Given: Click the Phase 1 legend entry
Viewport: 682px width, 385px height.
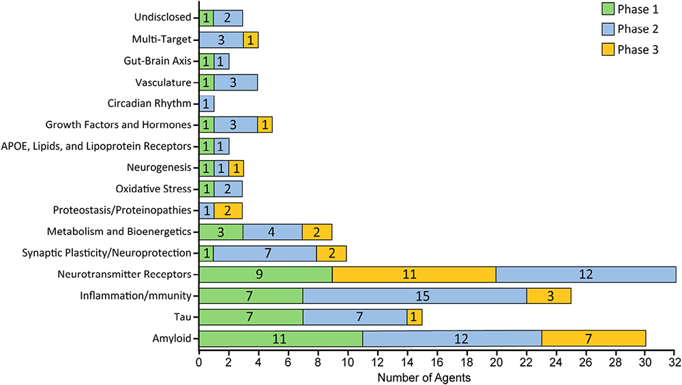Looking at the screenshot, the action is [x=629, y=9].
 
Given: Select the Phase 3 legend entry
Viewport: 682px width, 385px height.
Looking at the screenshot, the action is [x=629, y=50].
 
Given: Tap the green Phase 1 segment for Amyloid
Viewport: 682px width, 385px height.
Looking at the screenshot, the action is [x=281, y=339].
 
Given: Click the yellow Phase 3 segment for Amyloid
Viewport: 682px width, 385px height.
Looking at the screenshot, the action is [x=594, y=339].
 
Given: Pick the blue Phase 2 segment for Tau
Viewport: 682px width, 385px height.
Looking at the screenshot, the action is [x=355, y=317].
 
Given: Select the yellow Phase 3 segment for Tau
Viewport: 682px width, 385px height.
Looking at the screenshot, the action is [x=415, y=317].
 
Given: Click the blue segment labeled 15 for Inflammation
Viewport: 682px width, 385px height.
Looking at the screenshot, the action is [x=415, y=296].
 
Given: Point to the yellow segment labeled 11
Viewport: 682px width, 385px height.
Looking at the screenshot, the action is [x=414, y=274].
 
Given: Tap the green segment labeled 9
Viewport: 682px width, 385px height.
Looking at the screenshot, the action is [x=266, y=274].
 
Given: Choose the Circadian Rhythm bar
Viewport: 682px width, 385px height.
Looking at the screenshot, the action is [x=207, y=104].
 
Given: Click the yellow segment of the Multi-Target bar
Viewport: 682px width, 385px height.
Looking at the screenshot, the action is [x=250, y=40].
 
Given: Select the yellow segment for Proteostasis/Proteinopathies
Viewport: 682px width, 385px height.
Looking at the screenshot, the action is [x=228, y=211].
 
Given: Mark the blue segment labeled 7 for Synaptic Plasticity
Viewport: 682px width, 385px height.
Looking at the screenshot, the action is [x=265, y=253].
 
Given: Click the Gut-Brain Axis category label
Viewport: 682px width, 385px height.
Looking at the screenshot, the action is [x=158, y=61].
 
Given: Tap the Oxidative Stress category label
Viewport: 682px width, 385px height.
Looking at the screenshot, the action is [x=153, y=189].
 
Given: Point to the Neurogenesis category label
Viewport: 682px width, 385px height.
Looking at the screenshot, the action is [x=159, y=168].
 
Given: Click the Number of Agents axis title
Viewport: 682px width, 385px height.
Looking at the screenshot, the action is [x=424, y=378].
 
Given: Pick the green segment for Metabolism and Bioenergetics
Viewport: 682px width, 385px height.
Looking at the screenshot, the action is [x=222, y=232].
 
